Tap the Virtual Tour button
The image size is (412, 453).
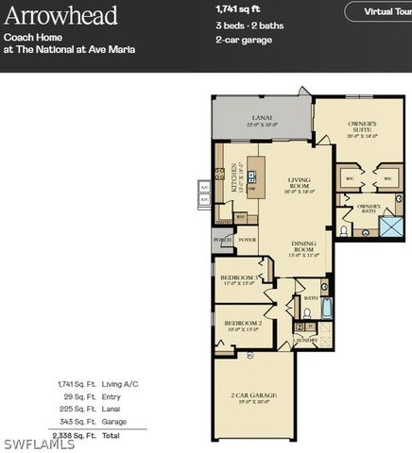coord(382,11)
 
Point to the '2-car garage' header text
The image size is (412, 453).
coord(244,40)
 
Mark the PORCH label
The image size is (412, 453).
coord(222,241)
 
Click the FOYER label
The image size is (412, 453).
coord(247,241)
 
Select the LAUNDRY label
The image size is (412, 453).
coord(304,340)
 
